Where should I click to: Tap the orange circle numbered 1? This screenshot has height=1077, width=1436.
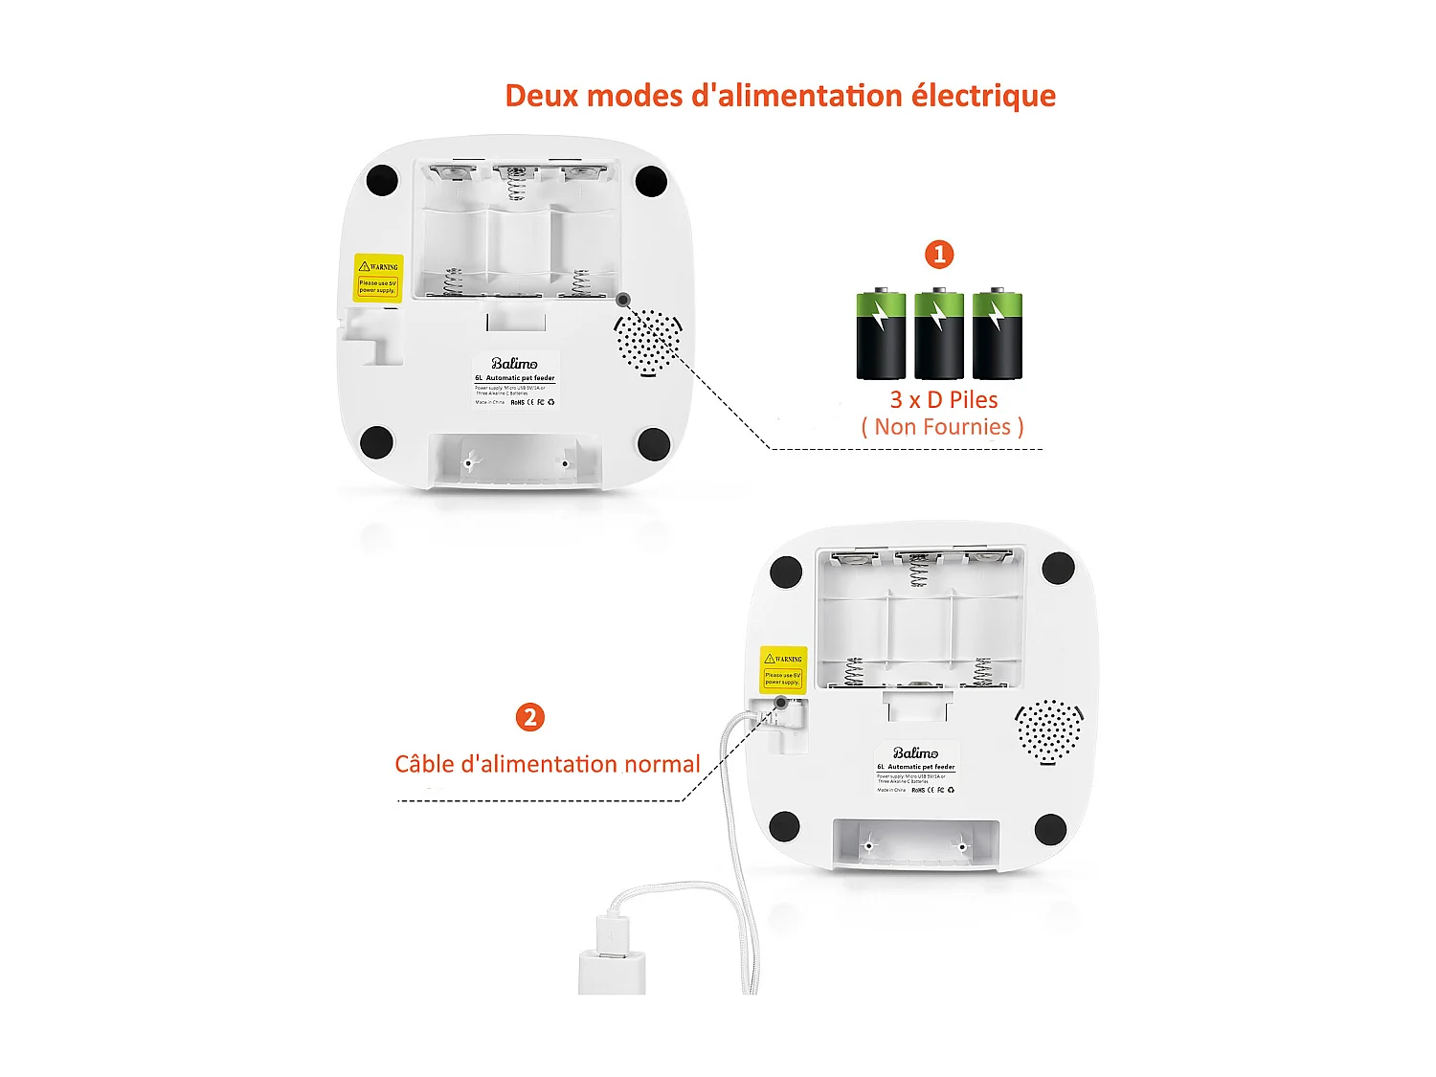tap(939, 254)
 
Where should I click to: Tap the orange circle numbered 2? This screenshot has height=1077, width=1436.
tap(529, 717)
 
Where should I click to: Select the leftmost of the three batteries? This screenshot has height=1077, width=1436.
tap(881, 334)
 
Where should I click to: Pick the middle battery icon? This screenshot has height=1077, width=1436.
tap(938, 334)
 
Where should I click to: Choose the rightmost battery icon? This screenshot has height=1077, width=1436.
tap(997, 334)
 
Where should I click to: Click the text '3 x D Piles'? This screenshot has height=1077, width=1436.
tap(943, 399)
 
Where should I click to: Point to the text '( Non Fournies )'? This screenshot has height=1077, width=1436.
tap(942, 427)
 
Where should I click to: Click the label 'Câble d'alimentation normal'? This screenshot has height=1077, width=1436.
tap(547, 764)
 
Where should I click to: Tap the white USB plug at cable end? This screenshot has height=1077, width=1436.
tap(612, 955)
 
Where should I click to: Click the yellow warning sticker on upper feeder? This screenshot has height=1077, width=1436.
tap(378, 278)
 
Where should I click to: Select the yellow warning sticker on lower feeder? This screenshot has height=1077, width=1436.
tap(783, 669)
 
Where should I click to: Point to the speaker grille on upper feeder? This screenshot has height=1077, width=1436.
tap(648, 342)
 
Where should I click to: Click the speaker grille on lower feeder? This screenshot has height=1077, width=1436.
tap(1049, 730)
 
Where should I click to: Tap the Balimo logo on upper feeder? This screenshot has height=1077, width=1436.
tap(514, 364)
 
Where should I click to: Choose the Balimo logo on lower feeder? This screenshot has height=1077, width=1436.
tap(915, 753)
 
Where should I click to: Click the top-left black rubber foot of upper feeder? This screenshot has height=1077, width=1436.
tap(382, 180)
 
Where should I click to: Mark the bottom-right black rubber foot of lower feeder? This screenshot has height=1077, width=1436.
tap(1050, 829)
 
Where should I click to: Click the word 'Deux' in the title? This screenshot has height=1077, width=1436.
tap(542, 96)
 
